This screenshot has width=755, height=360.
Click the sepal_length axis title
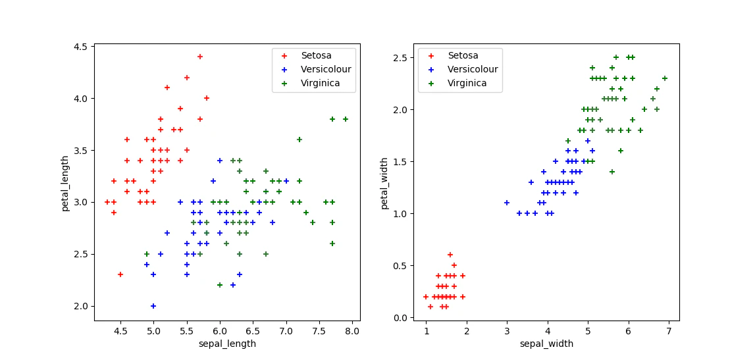click(x=227, y=344)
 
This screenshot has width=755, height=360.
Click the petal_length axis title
click(x=66, y=182)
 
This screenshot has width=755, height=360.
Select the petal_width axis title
click(x=384, y=182)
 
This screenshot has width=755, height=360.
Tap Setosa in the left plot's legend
click(x=317, y=55)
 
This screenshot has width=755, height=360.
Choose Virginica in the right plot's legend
click(x=467, y=84)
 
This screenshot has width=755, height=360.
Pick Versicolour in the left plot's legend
click(x=326, y=69)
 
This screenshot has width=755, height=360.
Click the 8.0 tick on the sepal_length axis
click(x=352, y=332)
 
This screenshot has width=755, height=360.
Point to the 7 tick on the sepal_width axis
click(x=669, y=332)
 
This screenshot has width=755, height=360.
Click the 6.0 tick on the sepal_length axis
click(x=220, y=332)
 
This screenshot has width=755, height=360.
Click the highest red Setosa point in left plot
click(x=200, y=57)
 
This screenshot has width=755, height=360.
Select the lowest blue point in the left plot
click(x=153, y=305)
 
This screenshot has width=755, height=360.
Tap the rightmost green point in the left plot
click(x=345, y=119)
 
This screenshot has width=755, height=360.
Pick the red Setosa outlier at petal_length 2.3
click(x=120, y=274)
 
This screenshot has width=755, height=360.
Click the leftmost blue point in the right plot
click(x=507, y=203)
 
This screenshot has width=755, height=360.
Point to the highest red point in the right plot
click(x=450, y=255)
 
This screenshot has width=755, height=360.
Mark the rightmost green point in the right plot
click(x=664, y=78)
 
